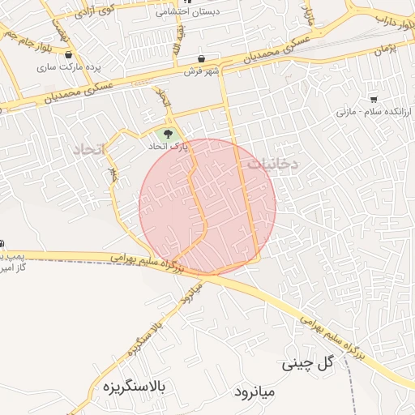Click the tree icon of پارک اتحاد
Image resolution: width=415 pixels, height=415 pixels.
pyautogui.click(x=168, y=134)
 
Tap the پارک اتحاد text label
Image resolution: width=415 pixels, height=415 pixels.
pyautogui.click(x=168, y=148)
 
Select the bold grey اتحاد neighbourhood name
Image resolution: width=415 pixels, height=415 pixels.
pyautogui.click(x=90, y=150)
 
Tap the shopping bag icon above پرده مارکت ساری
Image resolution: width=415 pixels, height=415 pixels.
pyautogui.click(x=68, y=55)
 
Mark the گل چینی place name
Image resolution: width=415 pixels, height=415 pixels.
pyautogui.click(x=308, y=365)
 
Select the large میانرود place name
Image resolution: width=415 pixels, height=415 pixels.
pyautogui.click(x=255, y=391)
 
